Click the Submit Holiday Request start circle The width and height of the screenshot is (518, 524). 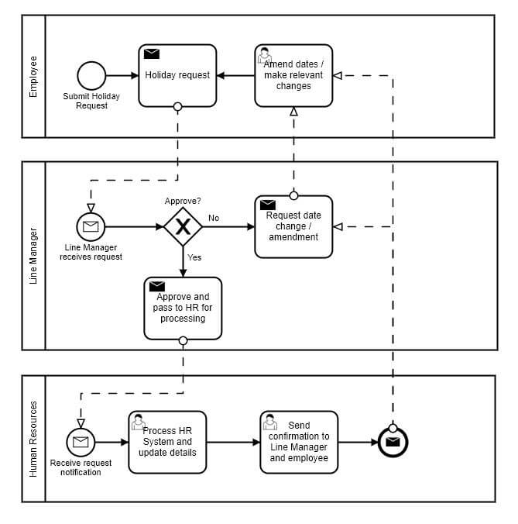click(91, 76)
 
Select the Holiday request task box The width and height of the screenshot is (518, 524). click(177, 75)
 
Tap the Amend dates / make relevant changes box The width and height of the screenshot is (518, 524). click(293, 75)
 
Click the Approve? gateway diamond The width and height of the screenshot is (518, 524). click(183, 226)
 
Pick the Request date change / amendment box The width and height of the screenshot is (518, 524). click(293, 226)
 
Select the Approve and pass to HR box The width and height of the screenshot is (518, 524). click(183, 308)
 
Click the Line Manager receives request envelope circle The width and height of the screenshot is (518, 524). click(91, 226)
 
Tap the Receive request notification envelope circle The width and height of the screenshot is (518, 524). click(81, 443)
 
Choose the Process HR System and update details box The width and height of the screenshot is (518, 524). click(167, 442)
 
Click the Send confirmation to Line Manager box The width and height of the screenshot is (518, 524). click(299, 442)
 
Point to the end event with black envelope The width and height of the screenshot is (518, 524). click(393, 443)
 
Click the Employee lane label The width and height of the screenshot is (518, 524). click(33, 76)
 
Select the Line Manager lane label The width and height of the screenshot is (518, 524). click(33, 257)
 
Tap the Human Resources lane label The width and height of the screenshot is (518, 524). click(33, 439)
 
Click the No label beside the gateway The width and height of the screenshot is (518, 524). click(214, 218)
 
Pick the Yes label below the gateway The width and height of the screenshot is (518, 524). click(194, 257)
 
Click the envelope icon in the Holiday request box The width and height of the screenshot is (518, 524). click(152, 54)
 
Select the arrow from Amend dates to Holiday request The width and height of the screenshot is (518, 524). click(235, 76)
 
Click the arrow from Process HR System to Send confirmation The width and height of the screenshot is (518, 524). click(233, 443)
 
